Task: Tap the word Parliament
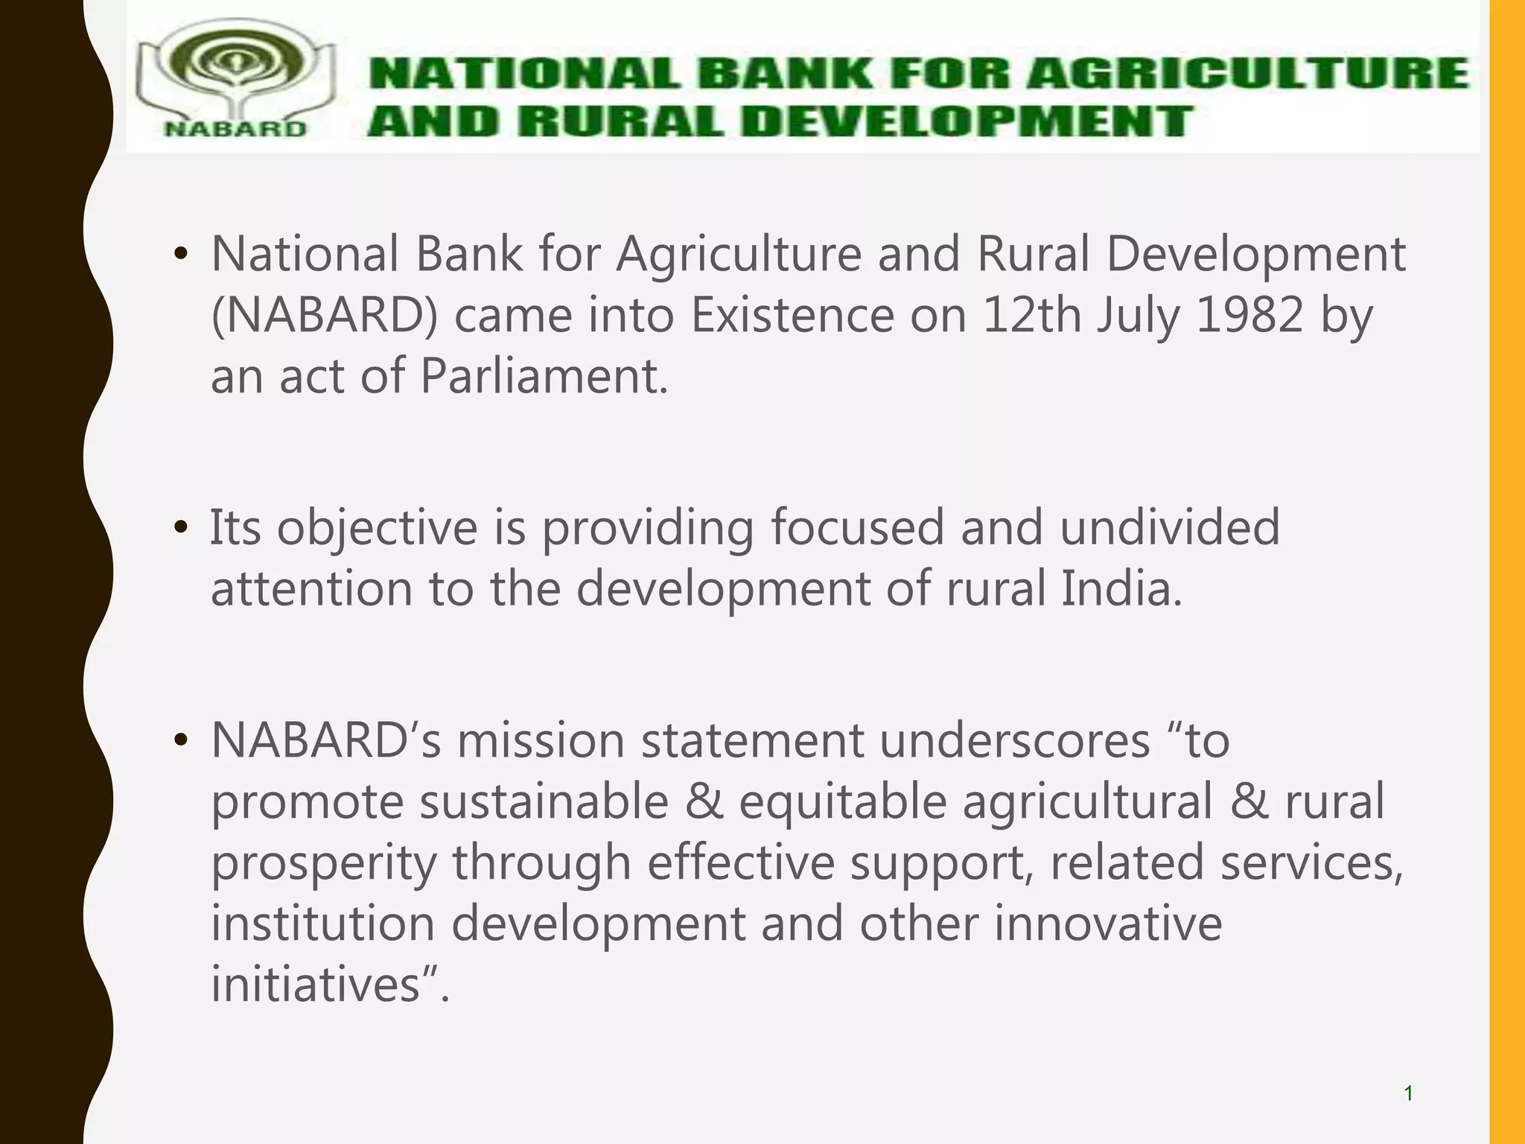(x=544, y=377)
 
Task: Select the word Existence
(x=792, y=316)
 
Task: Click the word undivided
(x=1169, y=527)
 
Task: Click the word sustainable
(x=544, y=802)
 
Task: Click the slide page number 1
(x=1408, y=1093)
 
